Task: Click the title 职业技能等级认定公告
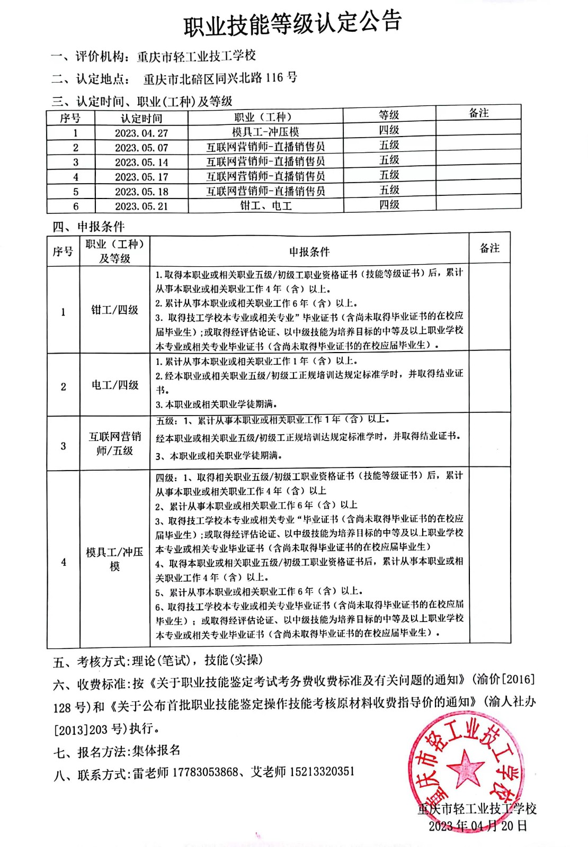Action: click(292, 24)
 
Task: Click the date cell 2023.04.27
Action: click(141, 133)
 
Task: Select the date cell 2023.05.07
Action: click(141, 148)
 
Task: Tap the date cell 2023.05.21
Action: click(141, 206)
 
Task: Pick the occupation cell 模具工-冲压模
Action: click(265, 132)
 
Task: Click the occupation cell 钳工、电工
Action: click(265, 205)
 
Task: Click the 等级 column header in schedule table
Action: click(389, 115)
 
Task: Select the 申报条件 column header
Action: click(309, 252)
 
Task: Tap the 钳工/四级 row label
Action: click(114, 310)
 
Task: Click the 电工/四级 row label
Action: click(114, 385)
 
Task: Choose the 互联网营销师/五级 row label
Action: click(114, 444)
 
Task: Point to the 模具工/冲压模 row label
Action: click(114, 559)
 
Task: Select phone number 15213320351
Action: click(322, 771)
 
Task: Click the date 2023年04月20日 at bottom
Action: click(478, 826)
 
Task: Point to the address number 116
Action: click(274, 78)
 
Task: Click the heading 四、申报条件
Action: click(88, 227)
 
